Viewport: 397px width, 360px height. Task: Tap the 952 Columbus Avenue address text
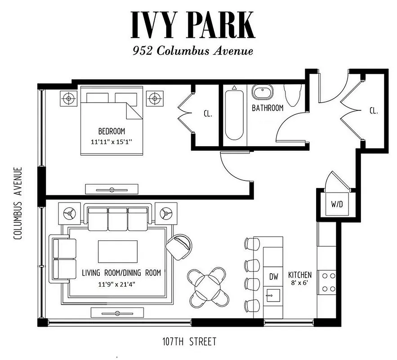pyautogui.click(x=193, y=51)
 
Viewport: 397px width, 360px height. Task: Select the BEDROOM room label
pyautogui.click(x=112, y=131)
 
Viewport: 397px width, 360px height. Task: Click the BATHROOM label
pyautogui.click(x=268, y=108)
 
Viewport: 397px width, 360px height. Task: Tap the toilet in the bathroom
pyautogui.click(x=292, y=95)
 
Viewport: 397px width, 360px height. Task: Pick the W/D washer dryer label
pyautogui.click(x=337, y=204)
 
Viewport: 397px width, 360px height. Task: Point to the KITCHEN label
pyautogui.click(x=300, y=274)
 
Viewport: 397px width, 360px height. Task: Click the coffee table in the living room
pyautogui.click(x=118, y=251)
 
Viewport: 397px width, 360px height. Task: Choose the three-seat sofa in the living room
pyautogui.click(x=118, y=218)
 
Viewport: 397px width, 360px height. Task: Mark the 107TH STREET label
pyautogui.click(x=189, y=342)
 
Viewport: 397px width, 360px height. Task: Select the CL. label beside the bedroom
pyautogui.click(x=208, y=114)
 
